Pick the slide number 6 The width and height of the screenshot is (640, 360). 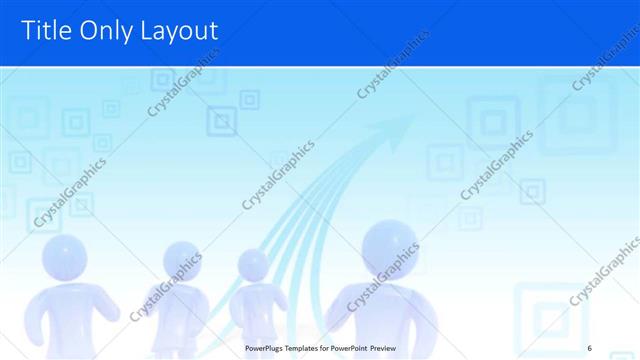pyautogui.click(x=590, y=347)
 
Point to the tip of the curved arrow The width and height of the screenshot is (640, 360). pyautogui.click(x=412, y=117)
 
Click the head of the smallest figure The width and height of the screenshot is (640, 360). pyautogui.click(x=253, y=265)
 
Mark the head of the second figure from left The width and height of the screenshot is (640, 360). pyautogui.click(x=180, y=262)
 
